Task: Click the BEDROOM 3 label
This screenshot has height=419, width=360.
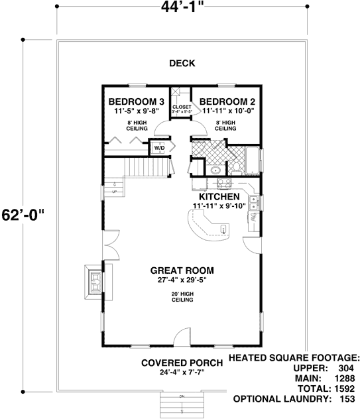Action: tap(136, 101)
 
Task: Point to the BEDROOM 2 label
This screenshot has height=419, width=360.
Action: tap(229, 101)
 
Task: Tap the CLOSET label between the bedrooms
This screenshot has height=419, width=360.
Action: tap(181, 107)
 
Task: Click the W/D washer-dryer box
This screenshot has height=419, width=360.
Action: tap(160, 148)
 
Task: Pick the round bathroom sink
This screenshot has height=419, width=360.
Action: tap(216, 171)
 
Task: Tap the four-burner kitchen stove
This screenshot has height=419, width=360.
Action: tap(223, 184)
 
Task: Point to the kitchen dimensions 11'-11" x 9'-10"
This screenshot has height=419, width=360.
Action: tap(219, 206)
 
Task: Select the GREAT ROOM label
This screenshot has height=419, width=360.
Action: tap(182, 270)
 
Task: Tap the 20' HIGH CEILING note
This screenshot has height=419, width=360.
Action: tap(182, 296)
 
